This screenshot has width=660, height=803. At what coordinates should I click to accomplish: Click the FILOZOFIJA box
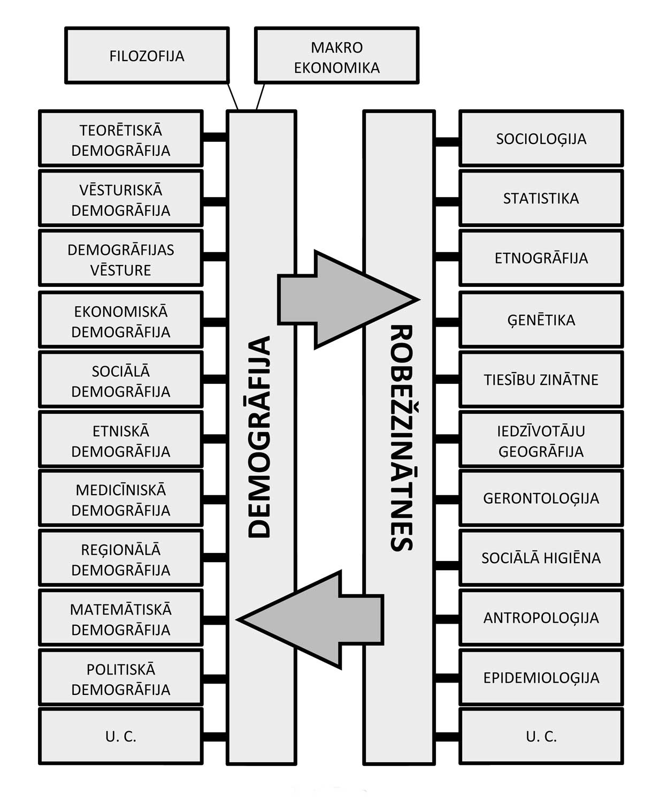pyautogui.click(x=147, y=56)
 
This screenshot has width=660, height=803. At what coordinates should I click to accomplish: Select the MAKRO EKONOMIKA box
pyautogui.click(x=336, y=56)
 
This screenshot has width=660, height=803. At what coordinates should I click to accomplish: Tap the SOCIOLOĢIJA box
pyautogui.click(x=541, y=139)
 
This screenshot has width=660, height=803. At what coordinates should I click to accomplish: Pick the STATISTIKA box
pyautogui.click(x=541, y=198)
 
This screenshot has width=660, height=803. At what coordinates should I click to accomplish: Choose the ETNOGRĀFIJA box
pyautogui.click(x=541, y=258)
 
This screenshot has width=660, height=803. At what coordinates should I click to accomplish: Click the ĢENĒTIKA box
pyautogui.click(x=541, y=320)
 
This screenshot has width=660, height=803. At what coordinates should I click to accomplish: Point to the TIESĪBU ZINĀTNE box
pyautogui.click(x=541, y=380)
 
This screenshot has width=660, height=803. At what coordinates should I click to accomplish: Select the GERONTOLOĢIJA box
pyautogui.click(x=541, y=498)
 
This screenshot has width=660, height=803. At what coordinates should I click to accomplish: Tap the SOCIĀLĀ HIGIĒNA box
pyautogui.click(x=541, y=558)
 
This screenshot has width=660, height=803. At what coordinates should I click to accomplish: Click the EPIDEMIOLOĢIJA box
pyautogui.click(x=541, y=677)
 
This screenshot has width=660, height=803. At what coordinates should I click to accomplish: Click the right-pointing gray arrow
pyautogui.click(x=342, y=300)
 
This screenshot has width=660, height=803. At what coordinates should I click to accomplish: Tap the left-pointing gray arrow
pyautogui.click(x=316, y=619)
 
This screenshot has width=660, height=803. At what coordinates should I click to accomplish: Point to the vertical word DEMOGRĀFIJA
pyautogui.click(x=261, y=436)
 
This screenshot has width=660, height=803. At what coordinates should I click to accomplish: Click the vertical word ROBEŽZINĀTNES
pyautogui.click(x=400, y=436)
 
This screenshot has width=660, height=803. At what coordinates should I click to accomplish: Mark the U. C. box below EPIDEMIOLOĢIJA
pyautogui.click(x=541, y=737)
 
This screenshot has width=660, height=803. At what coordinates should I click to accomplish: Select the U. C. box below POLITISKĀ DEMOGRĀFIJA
pyautogui.click(x=120, y=737)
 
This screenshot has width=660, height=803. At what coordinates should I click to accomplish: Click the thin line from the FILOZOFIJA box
pyautogui.click(x=233, y=96)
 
